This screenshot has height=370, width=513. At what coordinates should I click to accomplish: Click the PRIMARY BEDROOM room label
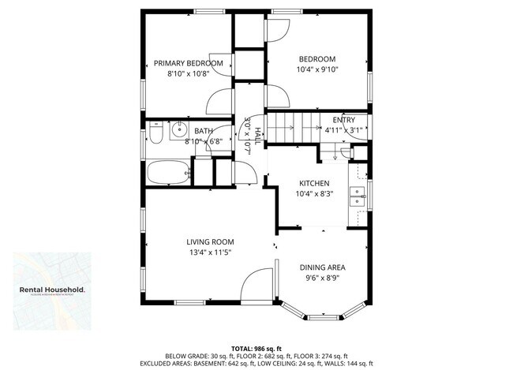coord(188,64)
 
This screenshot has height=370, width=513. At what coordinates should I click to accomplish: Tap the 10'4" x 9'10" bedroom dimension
coord(316,70)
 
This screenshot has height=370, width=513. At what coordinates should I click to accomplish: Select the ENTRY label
coord(343,119)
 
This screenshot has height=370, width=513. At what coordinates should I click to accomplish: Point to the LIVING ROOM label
coord(210,241)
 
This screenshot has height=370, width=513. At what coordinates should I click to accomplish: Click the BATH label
coord(204,131)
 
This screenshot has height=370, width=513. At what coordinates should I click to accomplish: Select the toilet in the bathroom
coord(155,136)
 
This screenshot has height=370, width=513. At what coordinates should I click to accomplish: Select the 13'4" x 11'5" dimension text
coord(210,252)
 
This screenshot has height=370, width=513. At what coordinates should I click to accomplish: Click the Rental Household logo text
coord(53,290)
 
